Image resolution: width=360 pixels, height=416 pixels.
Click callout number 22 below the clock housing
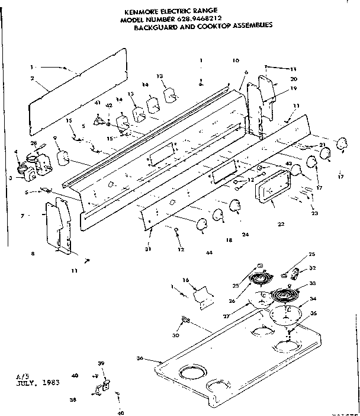[x=281, y=224]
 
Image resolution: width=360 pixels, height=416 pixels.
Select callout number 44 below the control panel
[x=209, y=253]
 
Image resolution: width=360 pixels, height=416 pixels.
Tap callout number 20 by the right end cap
[x=294, y=79]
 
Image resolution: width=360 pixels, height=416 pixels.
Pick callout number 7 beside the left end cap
[x=22, y=215]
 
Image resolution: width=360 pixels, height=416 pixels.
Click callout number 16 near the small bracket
[x=185, y=279]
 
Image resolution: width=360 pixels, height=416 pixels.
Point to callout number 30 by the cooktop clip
[x=176, y=335]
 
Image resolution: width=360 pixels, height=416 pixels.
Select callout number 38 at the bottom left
[x=73, y=399]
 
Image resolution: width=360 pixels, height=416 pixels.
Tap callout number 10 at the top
[x=236, y=60]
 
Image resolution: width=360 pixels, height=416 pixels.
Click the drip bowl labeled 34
[x=285, y=315]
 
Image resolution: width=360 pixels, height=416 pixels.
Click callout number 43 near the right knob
[x=289, y=164]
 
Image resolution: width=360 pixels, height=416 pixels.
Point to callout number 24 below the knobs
[x=245, y=234]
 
